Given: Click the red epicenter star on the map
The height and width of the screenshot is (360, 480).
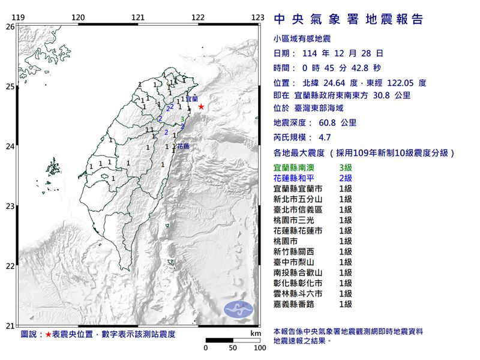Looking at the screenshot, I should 201,107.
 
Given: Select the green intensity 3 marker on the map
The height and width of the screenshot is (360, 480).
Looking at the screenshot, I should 182,119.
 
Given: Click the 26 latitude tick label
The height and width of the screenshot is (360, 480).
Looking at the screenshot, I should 10,27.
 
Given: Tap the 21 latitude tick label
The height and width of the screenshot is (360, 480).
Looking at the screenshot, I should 10,326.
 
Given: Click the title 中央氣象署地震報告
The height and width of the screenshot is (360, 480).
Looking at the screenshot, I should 348,20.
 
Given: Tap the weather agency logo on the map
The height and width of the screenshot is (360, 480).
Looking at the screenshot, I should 238,310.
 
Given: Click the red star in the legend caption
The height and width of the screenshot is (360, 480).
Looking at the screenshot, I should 49,334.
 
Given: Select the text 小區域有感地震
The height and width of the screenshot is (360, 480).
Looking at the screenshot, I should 302,38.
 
